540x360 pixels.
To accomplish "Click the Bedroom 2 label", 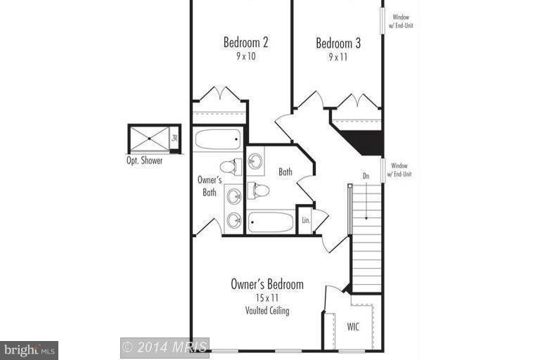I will tap(246, 42).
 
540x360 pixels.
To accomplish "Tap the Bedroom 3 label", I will tap(338, 43).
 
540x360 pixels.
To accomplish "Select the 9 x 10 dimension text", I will tap(246, 56).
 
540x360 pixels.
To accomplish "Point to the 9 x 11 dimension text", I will tap(338, 57).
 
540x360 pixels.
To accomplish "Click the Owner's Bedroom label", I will tap(267, 284).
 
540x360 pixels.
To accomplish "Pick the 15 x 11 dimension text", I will tap(267, 298).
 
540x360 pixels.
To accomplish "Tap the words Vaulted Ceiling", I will tap(267, 310).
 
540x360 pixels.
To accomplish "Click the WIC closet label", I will tap(354, 327).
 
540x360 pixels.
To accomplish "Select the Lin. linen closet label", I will tap(306, 220).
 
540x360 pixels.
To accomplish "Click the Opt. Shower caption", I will tap(144, 160).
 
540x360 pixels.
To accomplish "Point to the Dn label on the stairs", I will tap(366, 176).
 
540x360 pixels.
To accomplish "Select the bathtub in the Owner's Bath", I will tap(217, 139).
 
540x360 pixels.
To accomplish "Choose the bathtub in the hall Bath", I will tap(271, 222).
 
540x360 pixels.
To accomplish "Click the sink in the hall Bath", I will tap(255, 161).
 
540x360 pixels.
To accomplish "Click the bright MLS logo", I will tap(29, 349).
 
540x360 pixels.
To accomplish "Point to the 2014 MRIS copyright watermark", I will tap(165, 347).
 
